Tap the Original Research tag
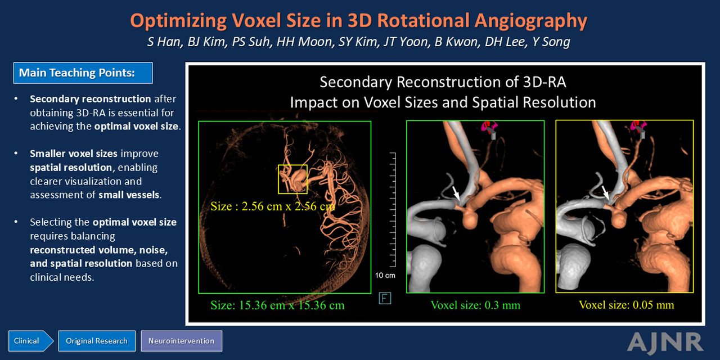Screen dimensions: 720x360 point(97,341)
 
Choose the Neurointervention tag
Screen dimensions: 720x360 point(181,341)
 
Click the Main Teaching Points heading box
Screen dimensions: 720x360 point(83,73)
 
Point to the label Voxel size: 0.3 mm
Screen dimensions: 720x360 point(475,305)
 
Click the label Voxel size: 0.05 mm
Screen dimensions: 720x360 point(627,305)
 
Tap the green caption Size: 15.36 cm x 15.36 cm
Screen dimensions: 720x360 point(277,305)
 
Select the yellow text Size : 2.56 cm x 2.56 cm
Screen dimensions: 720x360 point(273,206)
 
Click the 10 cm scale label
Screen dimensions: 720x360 point(385,276)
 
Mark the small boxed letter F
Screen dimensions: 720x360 point(385,299)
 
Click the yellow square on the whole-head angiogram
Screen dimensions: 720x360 point(278,179)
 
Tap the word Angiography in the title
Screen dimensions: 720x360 point(530,21)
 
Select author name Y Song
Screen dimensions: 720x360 point(551,42)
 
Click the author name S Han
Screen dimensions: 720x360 point(164,42)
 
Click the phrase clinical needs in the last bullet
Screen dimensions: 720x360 point(62,277)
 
